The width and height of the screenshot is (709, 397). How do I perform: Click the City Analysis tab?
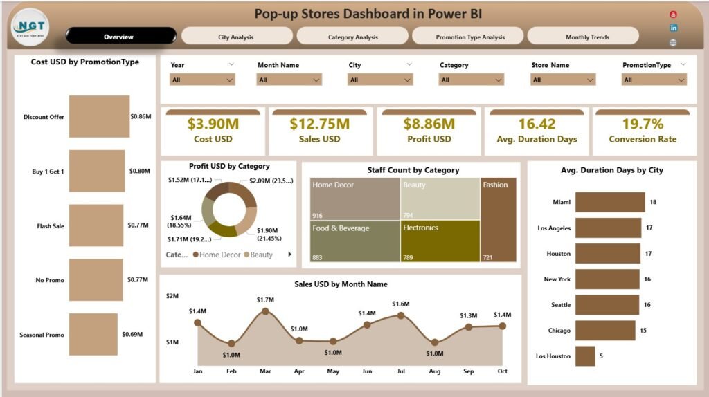point(236,37)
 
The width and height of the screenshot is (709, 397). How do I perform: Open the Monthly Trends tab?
point(582,37)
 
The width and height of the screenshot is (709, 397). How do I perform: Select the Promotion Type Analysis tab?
point(469,37)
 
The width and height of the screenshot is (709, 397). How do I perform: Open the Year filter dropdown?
point(202,80)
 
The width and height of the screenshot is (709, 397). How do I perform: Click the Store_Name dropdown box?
point(563,80)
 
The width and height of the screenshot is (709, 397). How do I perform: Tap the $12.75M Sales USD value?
point(319,124)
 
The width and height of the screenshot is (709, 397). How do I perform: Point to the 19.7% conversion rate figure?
point(642,124)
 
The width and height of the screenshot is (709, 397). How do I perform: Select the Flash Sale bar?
point(96,225)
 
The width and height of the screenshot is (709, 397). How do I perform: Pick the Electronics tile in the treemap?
point(440,240)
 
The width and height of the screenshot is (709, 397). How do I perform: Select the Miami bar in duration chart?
point(609,202)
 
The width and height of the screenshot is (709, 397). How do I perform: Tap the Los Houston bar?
point(585,356)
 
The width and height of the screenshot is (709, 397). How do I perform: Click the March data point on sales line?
point(265,312)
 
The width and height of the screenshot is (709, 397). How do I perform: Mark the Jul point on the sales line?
point(400,315)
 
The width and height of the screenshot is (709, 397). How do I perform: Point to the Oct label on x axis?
point(502,371)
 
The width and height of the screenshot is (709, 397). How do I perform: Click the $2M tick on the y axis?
point(172,296)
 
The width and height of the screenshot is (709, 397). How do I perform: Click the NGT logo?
point(30,26)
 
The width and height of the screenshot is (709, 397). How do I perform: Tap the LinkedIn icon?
point(674,28)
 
